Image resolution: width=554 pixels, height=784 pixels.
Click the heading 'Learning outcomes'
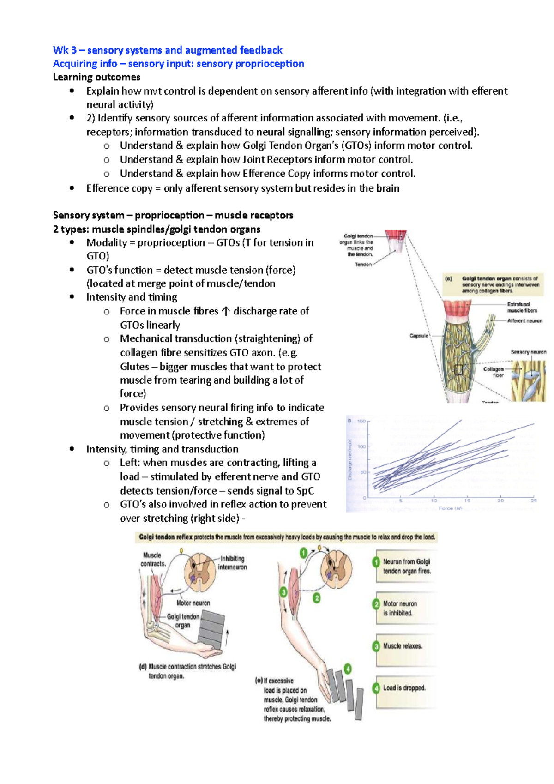(x=96, y=77)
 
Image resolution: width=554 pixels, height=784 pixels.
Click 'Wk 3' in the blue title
(x=65, y=50)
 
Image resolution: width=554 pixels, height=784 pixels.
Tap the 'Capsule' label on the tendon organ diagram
(x=419, y=336)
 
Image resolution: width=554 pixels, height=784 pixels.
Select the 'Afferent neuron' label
(x=524, y=320)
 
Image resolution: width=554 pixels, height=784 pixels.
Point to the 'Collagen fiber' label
(x=494, y=372)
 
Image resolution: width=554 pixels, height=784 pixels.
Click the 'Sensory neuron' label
(x=528, y=352)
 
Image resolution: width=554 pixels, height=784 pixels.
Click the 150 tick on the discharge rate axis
(x=361, y=421)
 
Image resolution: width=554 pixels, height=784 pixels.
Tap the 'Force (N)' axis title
(x=450, y=508)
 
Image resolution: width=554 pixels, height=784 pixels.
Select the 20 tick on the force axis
(x=500, y=501)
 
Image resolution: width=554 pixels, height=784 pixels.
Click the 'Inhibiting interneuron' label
(x=233, y=563)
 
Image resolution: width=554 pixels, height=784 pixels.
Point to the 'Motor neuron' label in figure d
(x=193, y=603)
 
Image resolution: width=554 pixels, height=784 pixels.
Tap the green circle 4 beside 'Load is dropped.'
(x=376, y=688)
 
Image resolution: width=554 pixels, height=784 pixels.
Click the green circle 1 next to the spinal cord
(x=303, y=553)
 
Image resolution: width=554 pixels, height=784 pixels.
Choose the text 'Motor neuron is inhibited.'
(x=400, y=609)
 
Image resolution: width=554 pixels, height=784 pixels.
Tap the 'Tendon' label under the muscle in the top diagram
(x=363, y=265)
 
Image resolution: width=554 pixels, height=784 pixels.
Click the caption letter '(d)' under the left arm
(x=143, y=667)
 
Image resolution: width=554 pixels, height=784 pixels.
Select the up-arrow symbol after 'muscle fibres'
(x=225, y=311)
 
